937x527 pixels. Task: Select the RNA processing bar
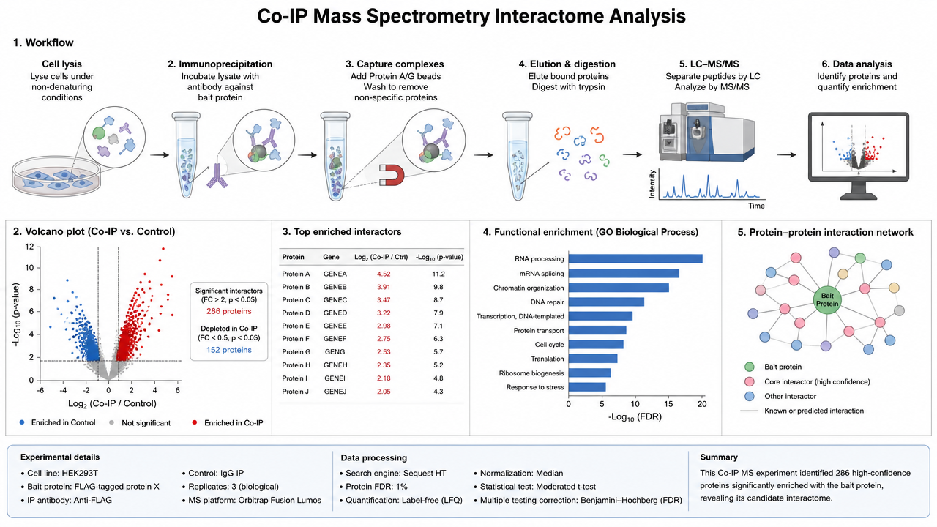click(635, 259)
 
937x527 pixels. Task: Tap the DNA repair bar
click(606, 302)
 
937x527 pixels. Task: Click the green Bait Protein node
click(827, 300)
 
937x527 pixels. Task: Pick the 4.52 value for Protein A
click(384, 274)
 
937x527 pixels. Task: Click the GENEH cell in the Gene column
click(335, 365)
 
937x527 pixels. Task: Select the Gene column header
click(331, 257)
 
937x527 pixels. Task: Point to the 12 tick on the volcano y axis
click(29, 247)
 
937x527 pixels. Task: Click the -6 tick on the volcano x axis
click(40, 390)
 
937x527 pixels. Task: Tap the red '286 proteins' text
click(229, 311)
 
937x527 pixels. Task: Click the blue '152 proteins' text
click(229, 350)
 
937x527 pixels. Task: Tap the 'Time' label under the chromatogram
click(756, 206)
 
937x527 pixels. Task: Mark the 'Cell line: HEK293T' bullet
click(59, 473)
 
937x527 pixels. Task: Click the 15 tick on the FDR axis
click(668, 404)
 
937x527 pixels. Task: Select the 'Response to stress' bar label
click(535, 387)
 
